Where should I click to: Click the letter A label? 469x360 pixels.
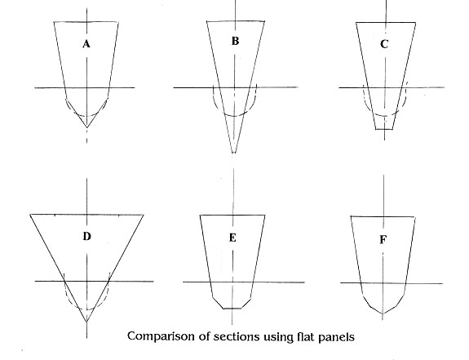click(86, 45)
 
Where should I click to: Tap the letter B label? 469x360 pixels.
click(235, 41)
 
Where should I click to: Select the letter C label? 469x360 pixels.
click(384, 44)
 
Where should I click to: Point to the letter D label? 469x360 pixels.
click(86, 237)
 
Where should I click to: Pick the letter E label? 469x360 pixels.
click(232, 238)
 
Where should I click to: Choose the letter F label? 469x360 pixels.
click(383, 240)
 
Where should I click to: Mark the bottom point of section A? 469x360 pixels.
click(87, 127)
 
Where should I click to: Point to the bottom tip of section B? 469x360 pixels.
click(233, 153)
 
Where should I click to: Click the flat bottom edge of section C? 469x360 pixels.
click(384, 129)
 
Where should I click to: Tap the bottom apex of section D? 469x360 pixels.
click(86, 322)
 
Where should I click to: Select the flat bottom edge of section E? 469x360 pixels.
click(232, 309)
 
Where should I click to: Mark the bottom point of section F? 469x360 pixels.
click(383, 313)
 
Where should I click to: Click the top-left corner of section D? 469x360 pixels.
click(30, 215)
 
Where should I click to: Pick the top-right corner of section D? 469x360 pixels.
click(144, 215)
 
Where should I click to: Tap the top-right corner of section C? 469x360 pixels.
click(415, 22)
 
